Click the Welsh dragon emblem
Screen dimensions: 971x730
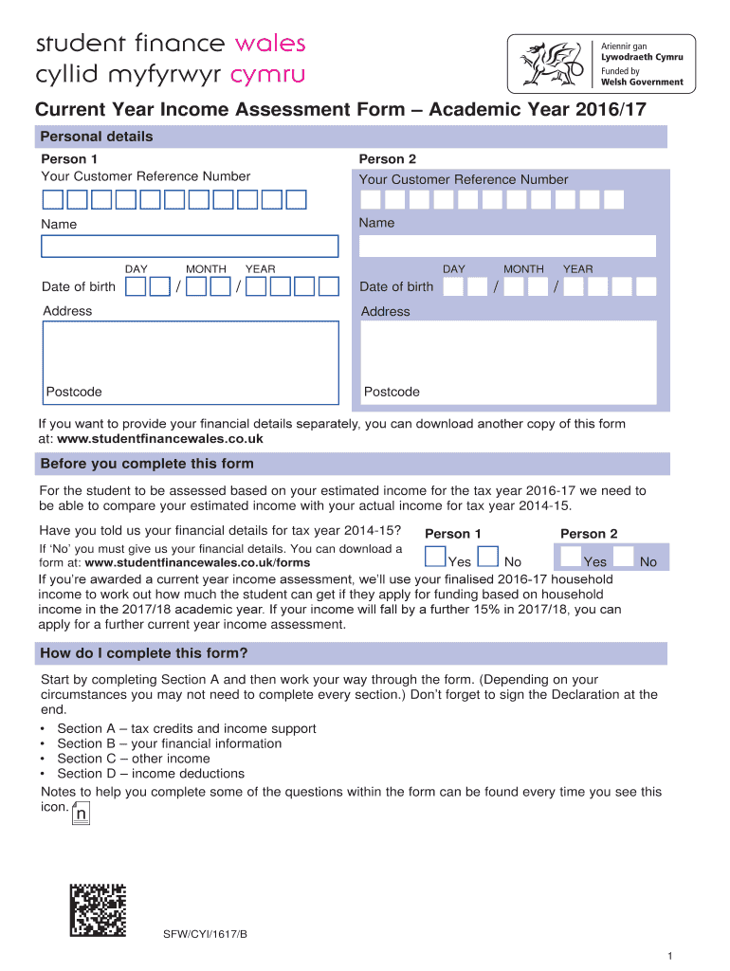coord(547,64)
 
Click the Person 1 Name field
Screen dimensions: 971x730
coord(189,247)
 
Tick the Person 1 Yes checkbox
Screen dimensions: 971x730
coord(435,558)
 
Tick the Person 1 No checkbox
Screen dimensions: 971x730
coord(488,558)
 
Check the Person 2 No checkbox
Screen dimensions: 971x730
coord(625,558)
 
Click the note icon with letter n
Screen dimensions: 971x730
coord(82,814)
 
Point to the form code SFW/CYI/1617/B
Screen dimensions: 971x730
coord(206,934)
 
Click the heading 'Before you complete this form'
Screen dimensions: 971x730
coord(147,464)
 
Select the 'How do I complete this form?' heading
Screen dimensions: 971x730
coord(144,653)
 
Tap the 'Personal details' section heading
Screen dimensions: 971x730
coord(96,137)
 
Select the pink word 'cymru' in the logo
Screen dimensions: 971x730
coord(269,75)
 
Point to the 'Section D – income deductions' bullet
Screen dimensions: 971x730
coord(151,774)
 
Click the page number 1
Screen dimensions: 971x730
coord(669,955)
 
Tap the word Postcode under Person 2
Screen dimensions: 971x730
coord(392,392)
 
